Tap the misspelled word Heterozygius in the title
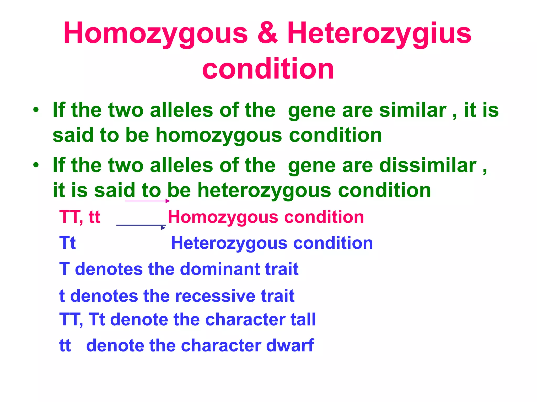point(379,33)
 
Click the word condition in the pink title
point(268,69)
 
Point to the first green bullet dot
point(36,110)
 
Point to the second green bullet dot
point(36,165)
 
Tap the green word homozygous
point(219,136)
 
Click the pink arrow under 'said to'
point(147,201)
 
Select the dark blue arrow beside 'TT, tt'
point(141,226)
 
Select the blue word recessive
point(215,296)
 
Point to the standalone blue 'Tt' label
point(67,243)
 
